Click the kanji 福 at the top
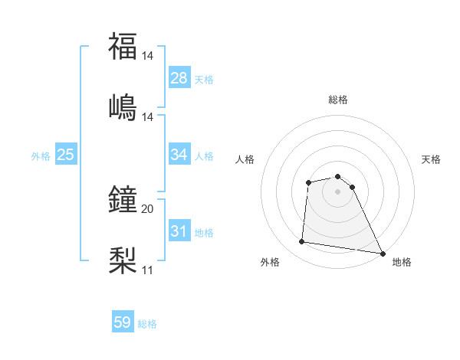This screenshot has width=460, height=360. pos(123,47)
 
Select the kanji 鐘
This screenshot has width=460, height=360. pos(123,200)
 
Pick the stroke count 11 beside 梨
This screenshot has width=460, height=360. pos(147,270)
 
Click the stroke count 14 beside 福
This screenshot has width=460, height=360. pos(148,56)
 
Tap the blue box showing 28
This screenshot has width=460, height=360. pos(179,78)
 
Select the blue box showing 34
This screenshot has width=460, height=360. pos(179,155)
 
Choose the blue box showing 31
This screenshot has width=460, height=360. pos(179,231)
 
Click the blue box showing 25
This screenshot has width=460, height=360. pos(65,155)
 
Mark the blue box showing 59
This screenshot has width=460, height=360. pos(123,322)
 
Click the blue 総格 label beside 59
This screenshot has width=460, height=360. pos(147,324)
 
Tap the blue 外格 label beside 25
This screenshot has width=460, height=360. pos(41,156)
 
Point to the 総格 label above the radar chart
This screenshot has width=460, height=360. pos(338,100)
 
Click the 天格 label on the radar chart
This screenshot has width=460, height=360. pos(432,159)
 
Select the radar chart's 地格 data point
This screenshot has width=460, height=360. pos(383,252)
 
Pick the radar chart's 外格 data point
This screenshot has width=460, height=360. pos(302,242)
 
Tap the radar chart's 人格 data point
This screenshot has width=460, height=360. pos(308,182)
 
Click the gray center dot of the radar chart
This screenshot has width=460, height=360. pos(338,191)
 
